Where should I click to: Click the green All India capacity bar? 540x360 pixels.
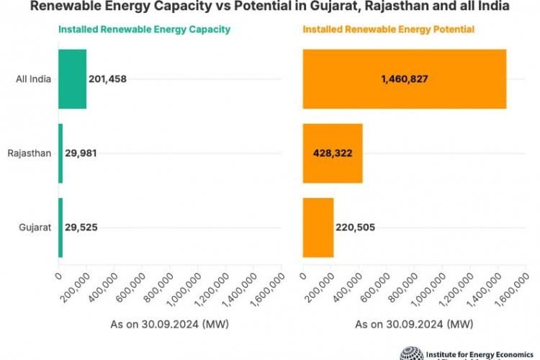point(72,78)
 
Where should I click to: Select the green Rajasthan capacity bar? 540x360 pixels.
point(60,153)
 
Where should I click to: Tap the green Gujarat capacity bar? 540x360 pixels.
point(60,228)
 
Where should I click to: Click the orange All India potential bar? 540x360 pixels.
point(404,78)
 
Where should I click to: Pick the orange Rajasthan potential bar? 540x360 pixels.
point(332,153)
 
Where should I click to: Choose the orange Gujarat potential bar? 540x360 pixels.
point(318,228)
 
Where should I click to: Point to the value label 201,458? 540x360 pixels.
point(107,78)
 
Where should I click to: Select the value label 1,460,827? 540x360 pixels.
point(404,78)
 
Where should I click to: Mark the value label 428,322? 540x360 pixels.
point(332,153)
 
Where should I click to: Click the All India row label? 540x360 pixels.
point(33,78)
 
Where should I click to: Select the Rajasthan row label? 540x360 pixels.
point(30,153)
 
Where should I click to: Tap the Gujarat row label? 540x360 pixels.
point(35,228)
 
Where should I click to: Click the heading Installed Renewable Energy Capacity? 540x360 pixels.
point(144,30)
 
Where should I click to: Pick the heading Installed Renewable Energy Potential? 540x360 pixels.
point(389,30)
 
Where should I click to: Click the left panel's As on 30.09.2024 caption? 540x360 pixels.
point(168,325)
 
